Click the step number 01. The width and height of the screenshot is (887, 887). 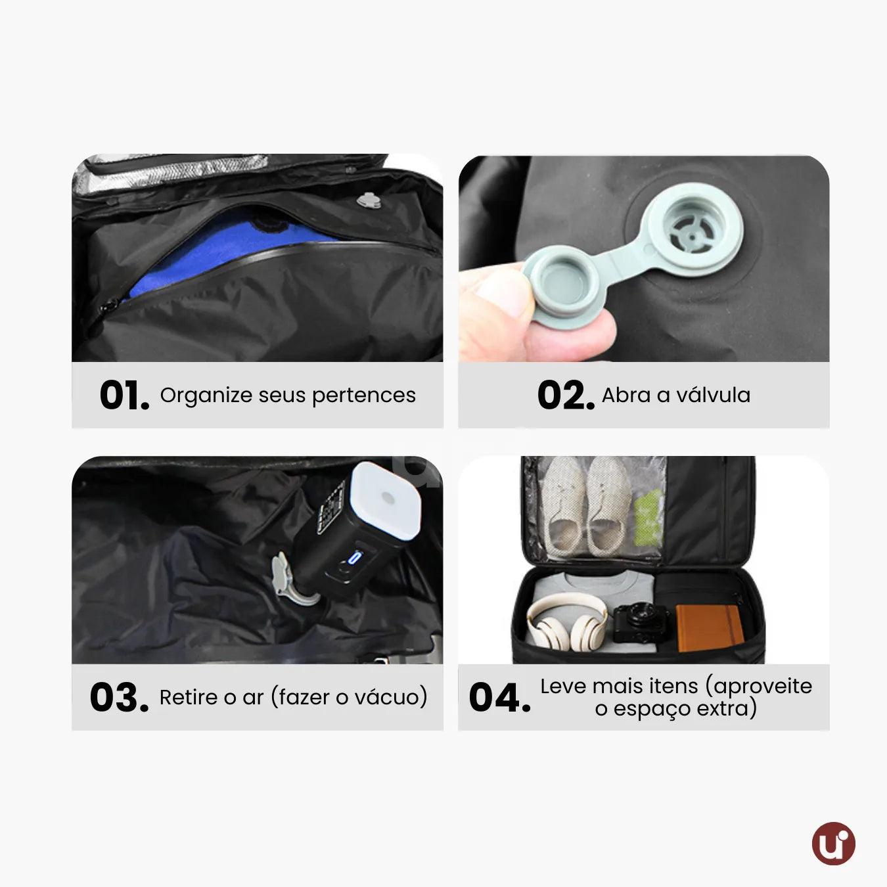point(124,395)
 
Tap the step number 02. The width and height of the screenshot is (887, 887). point(566,395)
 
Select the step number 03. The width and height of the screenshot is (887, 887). point(119,697)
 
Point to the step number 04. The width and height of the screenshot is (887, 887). point(499,697)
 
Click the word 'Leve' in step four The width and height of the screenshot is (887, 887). point(563,687)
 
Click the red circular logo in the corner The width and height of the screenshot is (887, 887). point(833,843)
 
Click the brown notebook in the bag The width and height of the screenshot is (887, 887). point(709,627)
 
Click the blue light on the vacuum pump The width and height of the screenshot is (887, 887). point(355,557)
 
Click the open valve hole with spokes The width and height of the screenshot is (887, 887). point(692,230)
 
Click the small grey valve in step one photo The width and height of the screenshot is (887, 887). point(368,200)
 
